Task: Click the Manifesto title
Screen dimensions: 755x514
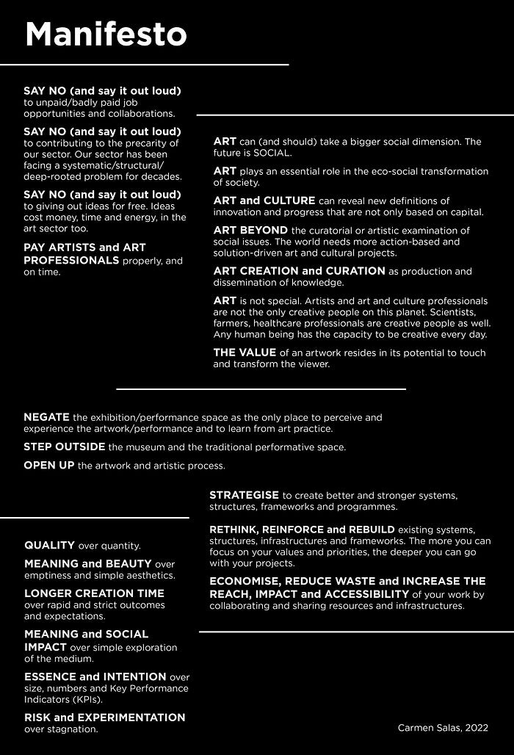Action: pos(106,35)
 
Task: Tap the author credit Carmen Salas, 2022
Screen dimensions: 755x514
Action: pos(443,728)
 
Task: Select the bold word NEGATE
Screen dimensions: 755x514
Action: pos(46,417)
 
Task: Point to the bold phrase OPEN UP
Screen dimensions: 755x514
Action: pos(48,466)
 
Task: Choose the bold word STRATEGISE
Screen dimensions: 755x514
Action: pos(244,496)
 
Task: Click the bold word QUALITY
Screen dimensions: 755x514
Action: pos(49,546)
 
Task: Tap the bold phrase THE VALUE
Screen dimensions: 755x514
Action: pos(245,353)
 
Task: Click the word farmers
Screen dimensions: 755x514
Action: pos(232,323)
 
